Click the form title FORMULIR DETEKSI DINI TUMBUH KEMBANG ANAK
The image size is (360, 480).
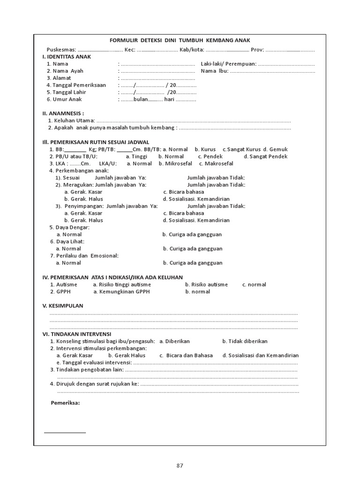click(180, 41)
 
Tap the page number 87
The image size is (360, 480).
click(180, 465)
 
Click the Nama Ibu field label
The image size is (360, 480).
click(215, 71)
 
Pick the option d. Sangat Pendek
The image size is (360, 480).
click(265, 157)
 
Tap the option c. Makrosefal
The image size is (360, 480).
click(216, 164)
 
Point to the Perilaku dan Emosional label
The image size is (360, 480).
click(84, 256)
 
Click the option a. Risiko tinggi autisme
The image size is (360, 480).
click(122, 285)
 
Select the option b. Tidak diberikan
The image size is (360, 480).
click(245, 341)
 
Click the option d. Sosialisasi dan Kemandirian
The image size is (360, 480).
click(260, 355)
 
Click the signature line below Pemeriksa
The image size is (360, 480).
click(65, 432)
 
